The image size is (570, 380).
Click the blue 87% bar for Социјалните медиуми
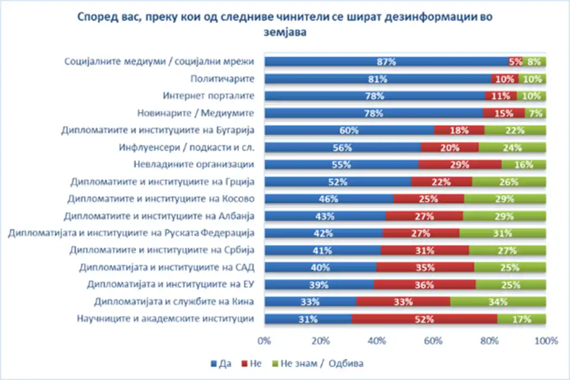click(385, 62)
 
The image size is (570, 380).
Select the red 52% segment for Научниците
click(424, 319)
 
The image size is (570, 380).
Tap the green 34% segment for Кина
click(498, 302)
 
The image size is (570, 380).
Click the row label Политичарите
click(222, 79)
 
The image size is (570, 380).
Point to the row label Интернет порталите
click(208, 96)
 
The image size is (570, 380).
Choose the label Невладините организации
click(194, 165)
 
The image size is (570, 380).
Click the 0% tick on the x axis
click(264, 340)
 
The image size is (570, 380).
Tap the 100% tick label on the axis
click(546, 340)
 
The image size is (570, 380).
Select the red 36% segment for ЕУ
click(424, 285)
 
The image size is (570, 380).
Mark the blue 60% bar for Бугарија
click(349, 130)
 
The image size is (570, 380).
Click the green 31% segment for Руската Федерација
click(502, 233)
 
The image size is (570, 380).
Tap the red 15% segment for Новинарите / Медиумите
click(504, 113)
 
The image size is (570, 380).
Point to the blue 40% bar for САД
click(321, 268)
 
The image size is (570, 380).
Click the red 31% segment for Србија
click(424, 250)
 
